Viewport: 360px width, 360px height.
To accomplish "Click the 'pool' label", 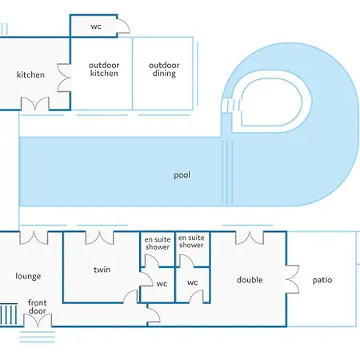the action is (x=182, y=175).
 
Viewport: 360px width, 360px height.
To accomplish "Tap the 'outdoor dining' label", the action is (x=164, y=69).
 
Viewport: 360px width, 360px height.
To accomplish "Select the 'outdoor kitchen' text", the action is (x=104, y=69).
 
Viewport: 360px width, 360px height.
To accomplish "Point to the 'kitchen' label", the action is (x=30, y=74).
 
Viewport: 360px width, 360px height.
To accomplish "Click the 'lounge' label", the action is (x=28, y=276).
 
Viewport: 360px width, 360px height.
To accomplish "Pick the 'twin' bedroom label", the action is (x=102, y=270).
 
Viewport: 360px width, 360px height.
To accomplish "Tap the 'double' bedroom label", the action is (x=250, y=280).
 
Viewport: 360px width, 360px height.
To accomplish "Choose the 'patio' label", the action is (x=322, y=280).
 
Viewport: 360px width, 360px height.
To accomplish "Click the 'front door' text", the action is (x=37, y=306).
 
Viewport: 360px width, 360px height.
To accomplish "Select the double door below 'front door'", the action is (x=38, y=321).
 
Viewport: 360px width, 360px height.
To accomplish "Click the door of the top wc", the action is (x=123, y=26).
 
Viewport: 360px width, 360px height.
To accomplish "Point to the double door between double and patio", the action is (x=292, y=279).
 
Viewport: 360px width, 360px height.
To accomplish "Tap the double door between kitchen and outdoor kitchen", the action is (x=64, y=78).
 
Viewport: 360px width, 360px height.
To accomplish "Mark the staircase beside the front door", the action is (x=9, y=314).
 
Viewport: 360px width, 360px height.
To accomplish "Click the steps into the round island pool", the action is (x=231, y=106).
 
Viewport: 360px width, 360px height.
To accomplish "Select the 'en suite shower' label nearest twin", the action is (x=158, y=243).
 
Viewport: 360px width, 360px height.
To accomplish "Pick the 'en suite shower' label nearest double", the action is (x=191, y=242).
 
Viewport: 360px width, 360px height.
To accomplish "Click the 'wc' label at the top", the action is (x=96, y=26).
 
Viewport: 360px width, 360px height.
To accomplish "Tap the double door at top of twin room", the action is (x=99, y=238).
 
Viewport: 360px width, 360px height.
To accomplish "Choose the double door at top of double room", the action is (x=250, y=238).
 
